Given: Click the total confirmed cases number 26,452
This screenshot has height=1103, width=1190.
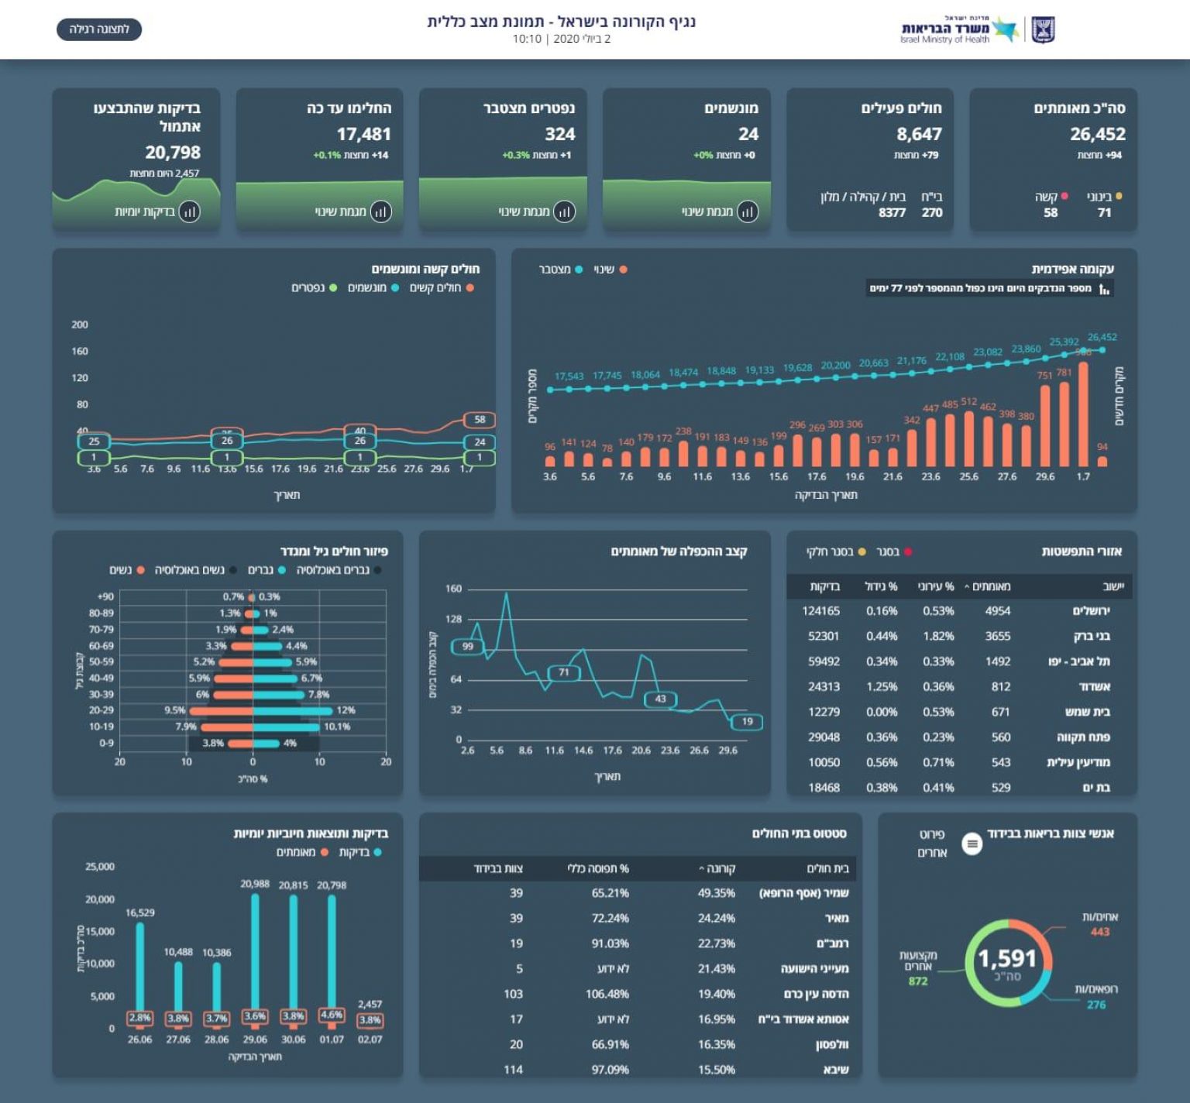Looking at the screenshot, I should (1097, 134).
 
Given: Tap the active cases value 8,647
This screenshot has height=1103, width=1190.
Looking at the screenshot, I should (919, 134).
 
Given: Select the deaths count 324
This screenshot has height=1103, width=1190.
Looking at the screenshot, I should (559, 134).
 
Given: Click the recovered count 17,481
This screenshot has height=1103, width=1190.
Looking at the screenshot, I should (363, 134).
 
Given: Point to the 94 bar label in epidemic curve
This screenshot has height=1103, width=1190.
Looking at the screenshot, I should (1102, 447).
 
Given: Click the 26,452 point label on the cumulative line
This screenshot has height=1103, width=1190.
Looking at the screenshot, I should (1102, 337).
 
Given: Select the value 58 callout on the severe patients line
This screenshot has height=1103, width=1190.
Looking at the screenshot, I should (480, 420).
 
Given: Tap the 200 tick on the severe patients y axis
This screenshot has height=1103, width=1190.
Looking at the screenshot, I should (80, 325).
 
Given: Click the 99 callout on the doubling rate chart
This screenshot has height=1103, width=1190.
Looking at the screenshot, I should (468, 646).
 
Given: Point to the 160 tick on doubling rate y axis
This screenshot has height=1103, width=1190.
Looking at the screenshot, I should (453, 589).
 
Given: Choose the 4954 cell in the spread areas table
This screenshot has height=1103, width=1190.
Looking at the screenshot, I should (997, 611).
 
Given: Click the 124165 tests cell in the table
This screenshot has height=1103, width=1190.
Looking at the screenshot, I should (820, 611).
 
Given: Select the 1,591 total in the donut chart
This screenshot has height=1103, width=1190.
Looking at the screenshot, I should (1007, 959).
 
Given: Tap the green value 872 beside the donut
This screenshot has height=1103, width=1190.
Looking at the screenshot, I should (918, 981).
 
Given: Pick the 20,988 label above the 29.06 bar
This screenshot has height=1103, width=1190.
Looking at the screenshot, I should (255, 884).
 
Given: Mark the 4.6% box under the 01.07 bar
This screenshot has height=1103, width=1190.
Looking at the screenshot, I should (332, 1015).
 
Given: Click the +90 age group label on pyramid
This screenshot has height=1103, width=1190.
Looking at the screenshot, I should (105, 596).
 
